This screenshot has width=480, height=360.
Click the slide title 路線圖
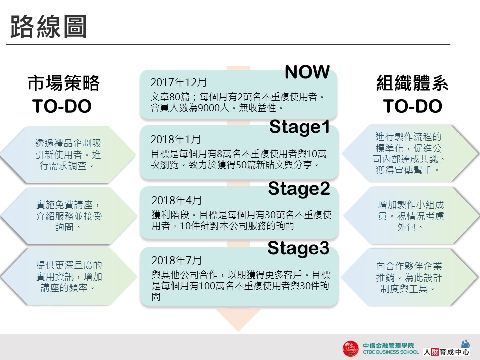click(x=48, y=27)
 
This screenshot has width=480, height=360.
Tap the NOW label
click(x=307, y=72)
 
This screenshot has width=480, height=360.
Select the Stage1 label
click(x=299, y=127)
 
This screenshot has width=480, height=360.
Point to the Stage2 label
click(x=299, y=189)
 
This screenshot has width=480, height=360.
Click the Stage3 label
click(x=299, y=248)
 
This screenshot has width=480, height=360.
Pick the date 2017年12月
click(x=179, y=82)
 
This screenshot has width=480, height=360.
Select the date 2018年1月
click(x=176, y=139)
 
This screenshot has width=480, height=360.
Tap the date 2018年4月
click(x=177, y=200)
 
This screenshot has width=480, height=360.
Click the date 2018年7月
click(x=177, y=260)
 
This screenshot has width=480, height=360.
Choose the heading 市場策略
click(x=63, y=83)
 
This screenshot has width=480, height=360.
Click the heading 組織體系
click(x=412, y=83)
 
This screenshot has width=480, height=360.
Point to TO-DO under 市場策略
click(x=62, y=106)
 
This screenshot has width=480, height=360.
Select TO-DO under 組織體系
click(x=412, y=106)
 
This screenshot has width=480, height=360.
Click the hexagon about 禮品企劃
click(x=68, y=155)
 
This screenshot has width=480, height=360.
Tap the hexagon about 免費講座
click(x=69, y=216)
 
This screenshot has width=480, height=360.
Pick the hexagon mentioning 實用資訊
click(x=69, y=276)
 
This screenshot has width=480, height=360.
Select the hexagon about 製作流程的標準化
click(x=410, y=153)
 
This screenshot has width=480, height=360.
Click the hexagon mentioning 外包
click(x=411, y=216)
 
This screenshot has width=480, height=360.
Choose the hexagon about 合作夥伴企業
click(x=410, y=277)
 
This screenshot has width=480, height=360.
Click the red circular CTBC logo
click(x=351, y=349)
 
